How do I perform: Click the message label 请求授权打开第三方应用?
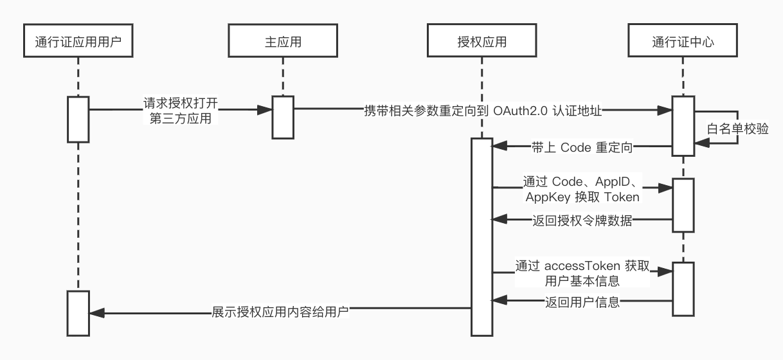click(179, 110)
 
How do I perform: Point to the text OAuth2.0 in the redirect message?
click(520, 110)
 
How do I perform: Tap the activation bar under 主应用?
click(282, 116)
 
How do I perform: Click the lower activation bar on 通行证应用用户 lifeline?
click(78, 312)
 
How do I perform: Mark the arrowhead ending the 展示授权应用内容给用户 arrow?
click(94, 313)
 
